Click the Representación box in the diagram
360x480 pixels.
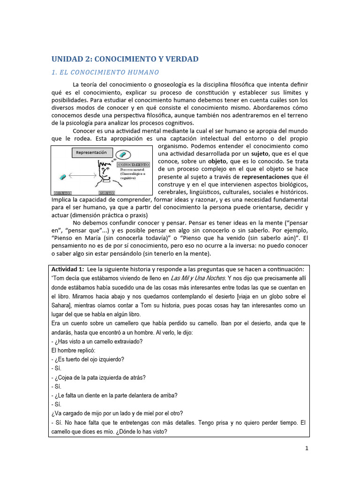(92, 152)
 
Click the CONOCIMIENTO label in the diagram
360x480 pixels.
(134, 165)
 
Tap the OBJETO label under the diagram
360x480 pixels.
(62, 193)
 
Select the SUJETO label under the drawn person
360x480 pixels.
(106, 193)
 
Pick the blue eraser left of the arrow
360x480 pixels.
(62, 177)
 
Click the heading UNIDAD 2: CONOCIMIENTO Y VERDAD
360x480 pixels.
(125, 59)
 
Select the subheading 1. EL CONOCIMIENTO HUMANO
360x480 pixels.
(105, 72)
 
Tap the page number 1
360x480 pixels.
(307, 448)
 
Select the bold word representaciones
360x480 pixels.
(265, 177)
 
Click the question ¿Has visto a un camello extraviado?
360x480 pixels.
(97, 341)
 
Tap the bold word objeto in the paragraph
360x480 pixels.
(217, 161)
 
